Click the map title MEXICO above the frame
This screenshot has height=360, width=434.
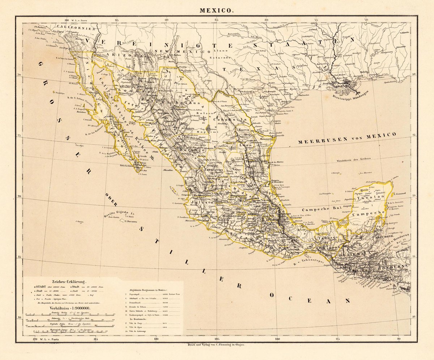click(x=217, y=10)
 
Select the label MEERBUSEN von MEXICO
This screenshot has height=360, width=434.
click(x=347, y=138)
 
